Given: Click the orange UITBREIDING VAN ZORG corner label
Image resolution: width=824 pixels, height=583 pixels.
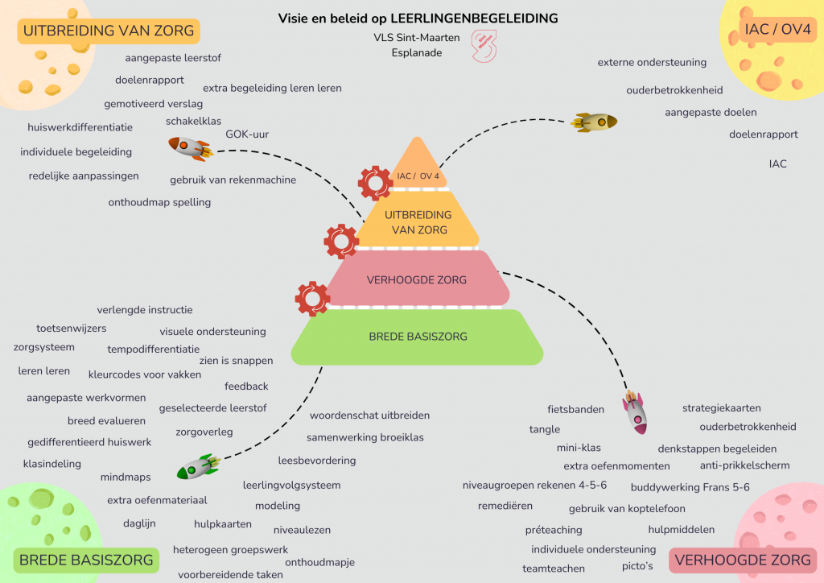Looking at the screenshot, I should click(x=109, y=31).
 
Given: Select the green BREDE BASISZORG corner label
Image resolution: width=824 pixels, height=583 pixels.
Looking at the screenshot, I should click(x=86, y=560).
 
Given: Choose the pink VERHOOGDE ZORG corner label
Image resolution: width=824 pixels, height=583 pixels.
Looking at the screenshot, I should click(x=742, y=560).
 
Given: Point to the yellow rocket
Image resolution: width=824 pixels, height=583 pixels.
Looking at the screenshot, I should click(x=594, y=122).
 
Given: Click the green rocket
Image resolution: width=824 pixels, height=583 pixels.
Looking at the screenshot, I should click(x=198, y=468).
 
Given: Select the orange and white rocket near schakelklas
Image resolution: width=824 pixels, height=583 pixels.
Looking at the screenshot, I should click(x=190, y=147).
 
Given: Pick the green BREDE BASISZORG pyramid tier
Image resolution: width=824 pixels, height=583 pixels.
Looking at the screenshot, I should click(x=418, y=337).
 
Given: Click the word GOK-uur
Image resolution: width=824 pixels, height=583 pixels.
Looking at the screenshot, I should click(x=247, y=134).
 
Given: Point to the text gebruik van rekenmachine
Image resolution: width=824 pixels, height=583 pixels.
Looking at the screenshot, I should click(x=233, y=180).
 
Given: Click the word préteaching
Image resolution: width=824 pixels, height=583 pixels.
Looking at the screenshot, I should click(x=553, y=530).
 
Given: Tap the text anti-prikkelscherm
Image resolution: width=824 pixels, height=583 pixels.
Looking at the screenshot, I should click(x=744, y=465).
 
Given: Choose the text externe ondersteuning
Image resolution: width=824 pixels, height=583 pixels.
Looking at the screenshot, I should click(x=652, y=62).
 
